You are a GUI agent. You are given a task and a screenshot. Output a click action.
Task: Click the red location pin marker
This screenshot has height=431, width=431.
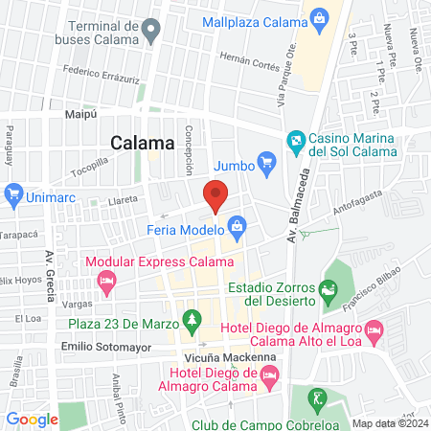[215, 195]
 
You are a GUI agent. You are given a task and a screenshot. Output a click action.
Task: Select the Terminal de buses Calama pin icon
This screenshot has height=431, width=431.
[150, 32]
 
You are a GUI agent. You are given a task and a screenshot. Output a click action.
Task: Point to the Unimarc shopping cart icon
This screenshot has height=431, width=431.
[13, 194]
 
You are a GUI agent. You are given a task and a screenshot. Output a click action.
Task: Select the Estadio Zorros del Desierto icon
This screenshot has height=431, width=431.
[329, 286]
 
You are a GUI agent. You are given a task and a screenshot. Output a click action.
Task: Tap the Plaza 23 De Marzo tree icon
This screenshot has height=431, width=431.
[193, 318]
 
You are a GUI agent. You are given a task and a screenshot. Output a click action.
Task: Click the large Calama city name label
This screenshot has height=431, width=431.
[143, 144]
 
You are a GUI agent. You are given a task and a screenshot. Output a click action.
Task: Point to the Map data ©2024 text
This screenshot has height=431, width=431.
[389, 422]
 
